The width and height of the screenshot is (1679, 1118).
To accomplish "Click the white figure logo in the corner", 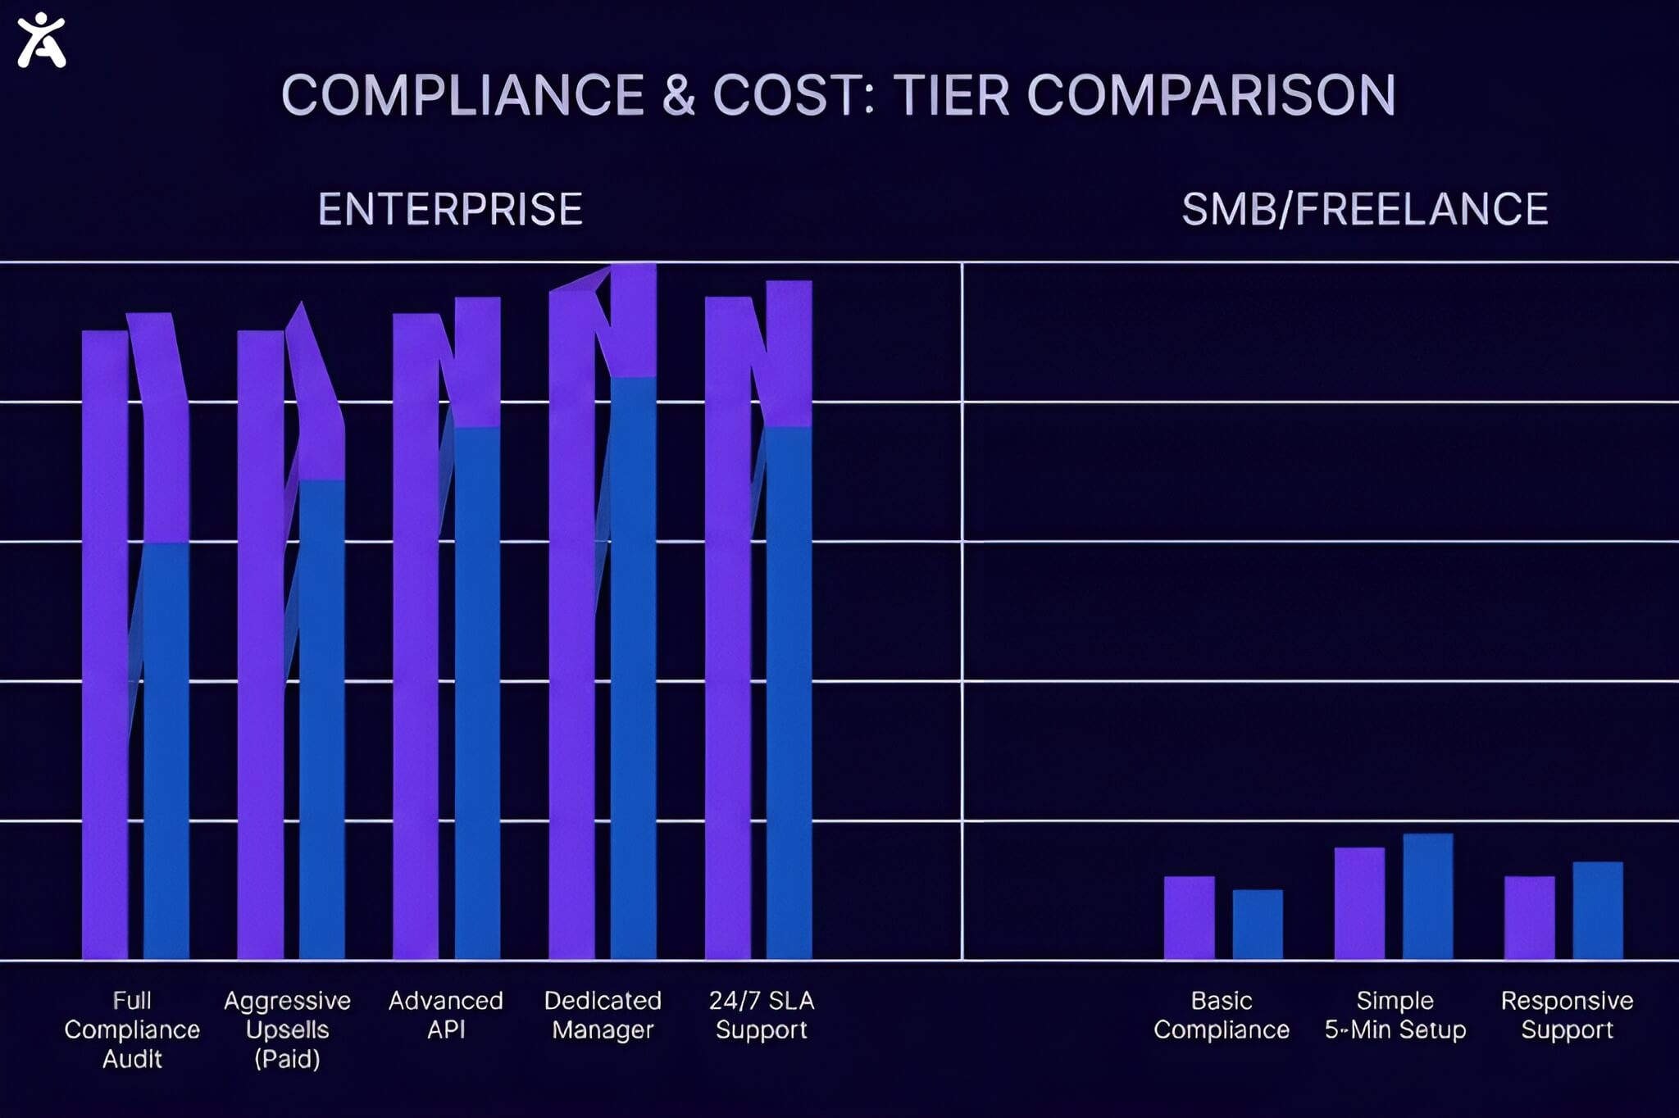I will coord(41,40).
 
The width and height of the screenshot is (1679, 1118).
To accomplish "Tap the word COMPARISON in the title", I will coord(1211,95).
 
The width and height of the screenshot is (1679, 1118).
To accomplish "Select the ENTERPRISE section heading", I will coord(450,209).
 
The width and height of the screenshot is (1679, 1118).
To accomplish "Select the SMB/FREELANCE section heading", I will coord(1365,209).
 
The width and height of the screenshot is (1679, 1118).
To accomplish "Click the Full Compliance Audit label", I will coord(132,1029).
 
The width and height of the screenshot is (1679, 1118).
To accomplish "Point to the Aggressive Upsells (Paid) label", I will coord(287,1029).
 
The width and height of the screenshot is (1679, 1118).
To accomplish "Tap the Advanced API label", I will coord(446,1015).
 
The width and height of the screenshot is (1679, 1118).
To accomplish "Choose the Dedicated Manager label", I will coord(603,1015).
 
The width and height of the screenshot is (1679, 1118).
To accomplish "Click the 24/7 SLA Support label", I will coord(762,1015).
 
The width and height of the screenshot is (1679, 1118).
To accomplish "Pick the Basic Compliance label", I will coord(1222,1015).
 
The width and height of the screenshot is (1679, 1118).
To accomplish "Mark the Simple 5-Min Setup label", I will coord(1395,1015).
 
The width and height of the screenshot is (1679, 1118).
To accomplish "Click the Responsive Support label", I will coord(1567,1015).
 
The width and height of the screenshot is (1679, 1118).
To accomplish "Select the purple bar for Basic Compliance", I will coord(1189,918).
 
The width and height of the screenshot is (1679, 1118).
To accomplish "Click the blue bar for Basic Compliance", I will coord(1258,925).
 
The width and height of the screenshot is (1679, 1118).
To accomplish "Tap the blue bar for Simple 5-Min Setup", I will coord(1428,897).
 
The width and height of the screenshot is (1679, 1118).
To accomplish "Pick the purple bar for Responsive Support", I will coord(1529,918).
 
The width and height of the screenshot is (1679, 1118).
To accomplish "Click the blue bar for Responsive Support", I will coord(1598,911).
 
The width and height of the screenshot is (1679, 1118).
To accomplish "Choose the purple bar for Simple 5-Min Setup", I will coord(1359,903).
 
